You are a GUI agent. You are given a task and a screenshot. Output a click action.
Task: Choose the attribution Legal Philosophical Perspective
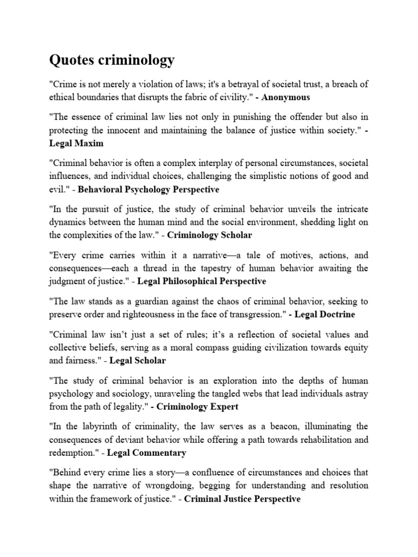202,281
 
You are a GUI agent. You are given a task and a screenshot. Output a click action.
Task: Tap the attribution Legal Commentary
146,453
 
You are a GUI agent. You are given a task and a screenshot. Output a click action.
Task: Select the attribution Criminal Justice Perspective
243,498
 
